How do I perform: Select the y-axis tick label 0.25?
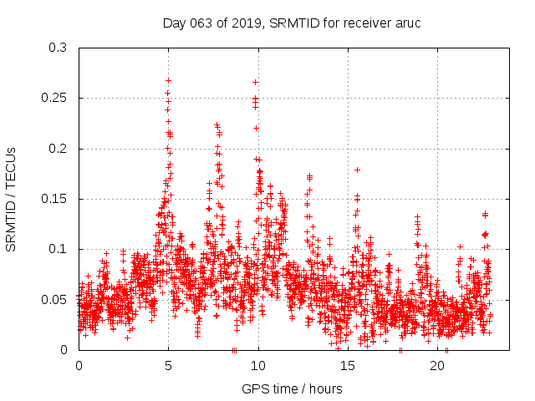[56, 99]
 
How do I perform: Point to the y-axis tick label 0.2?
[59, 149]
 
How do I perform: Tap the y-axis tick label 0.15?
[56, 199]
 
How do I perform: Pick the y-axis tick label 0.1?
[59, 249]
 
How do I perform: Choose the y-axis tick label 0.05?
[56, 299]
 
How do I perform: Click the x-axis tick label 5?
[169, 366]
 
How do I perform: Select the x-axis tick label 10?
[258, 366]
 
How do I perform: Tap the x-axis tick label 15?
[348, 366]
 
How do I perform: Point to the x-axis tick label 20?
[437, 366]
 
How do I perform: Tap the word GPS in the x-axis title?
[254, 388]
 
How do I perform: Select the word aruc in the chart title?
[407, 22]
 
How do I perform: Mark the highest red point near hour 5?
[168, 81]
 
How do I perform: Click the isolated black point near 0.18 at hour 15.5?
[357, 170]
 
